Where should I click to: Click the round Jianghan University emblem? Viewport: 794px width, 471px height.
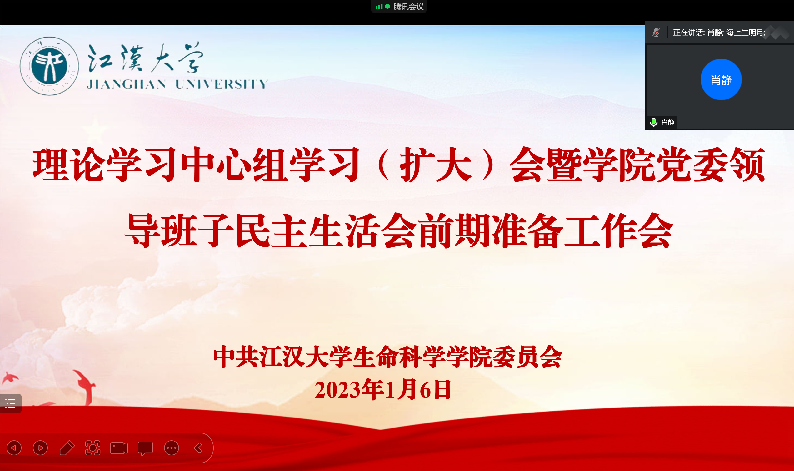pos(49,66)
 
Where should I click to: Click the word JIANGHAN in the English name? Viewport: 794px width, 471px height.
pos(127,84)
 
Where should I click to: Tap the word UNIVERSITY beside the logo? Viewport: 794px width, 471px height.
pos(222,84)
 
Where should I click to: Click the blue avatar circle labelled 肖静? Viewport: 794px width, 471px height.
pos(721,79)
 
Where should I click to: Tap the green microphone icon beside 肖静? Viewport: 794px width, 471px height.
pos(653,122)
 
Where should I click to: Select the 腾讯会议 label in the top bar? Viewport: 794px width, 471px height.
pos(408,6)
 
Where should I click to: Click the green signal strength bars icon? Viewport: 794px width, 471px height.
pos(379,7)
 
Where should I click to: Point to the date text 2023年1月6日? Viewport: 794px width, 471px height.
pos(383,389)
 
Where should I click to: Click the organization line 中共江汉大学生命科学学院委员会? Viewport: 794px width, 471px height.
pos(387,357)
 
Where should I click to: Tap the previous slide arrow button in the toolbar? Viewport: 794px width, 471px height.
pos(14,448)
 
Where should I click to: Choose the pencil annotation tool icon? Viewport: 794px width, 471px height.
pos(67,448)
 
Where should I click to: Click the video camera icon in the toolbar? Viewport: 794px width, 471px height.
pos(119,448)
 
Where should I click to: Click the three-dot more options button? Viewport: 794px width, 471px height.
pos(172,448)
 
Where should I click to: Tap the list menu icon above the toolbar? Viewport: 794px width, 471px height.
pos(10,403)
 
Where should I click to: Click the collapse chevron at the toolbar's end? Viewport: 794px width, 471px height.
pos(198,448)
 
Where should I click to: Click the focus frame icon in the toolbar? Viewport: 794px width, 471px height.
pos(92,448)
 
